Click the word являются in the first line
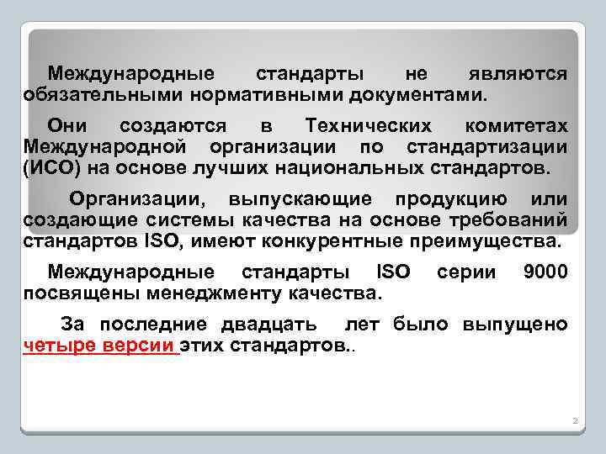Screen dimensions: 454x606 click(x=518, y=74)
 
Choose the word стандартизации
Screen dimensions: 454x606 click(x=499, y=148)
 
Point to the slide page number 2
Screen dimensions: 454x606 click(x=572, y=419)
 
